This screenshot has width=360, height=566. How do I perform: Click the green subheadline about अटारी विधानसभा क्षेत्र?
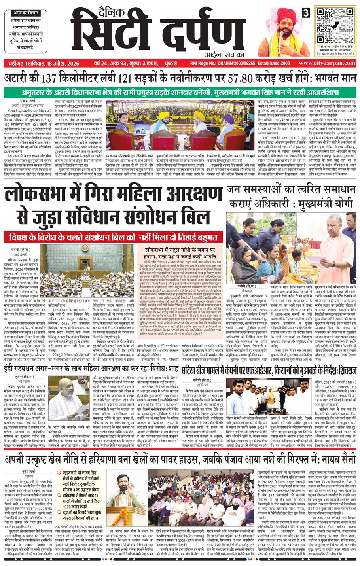click(x=180, y=93)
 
